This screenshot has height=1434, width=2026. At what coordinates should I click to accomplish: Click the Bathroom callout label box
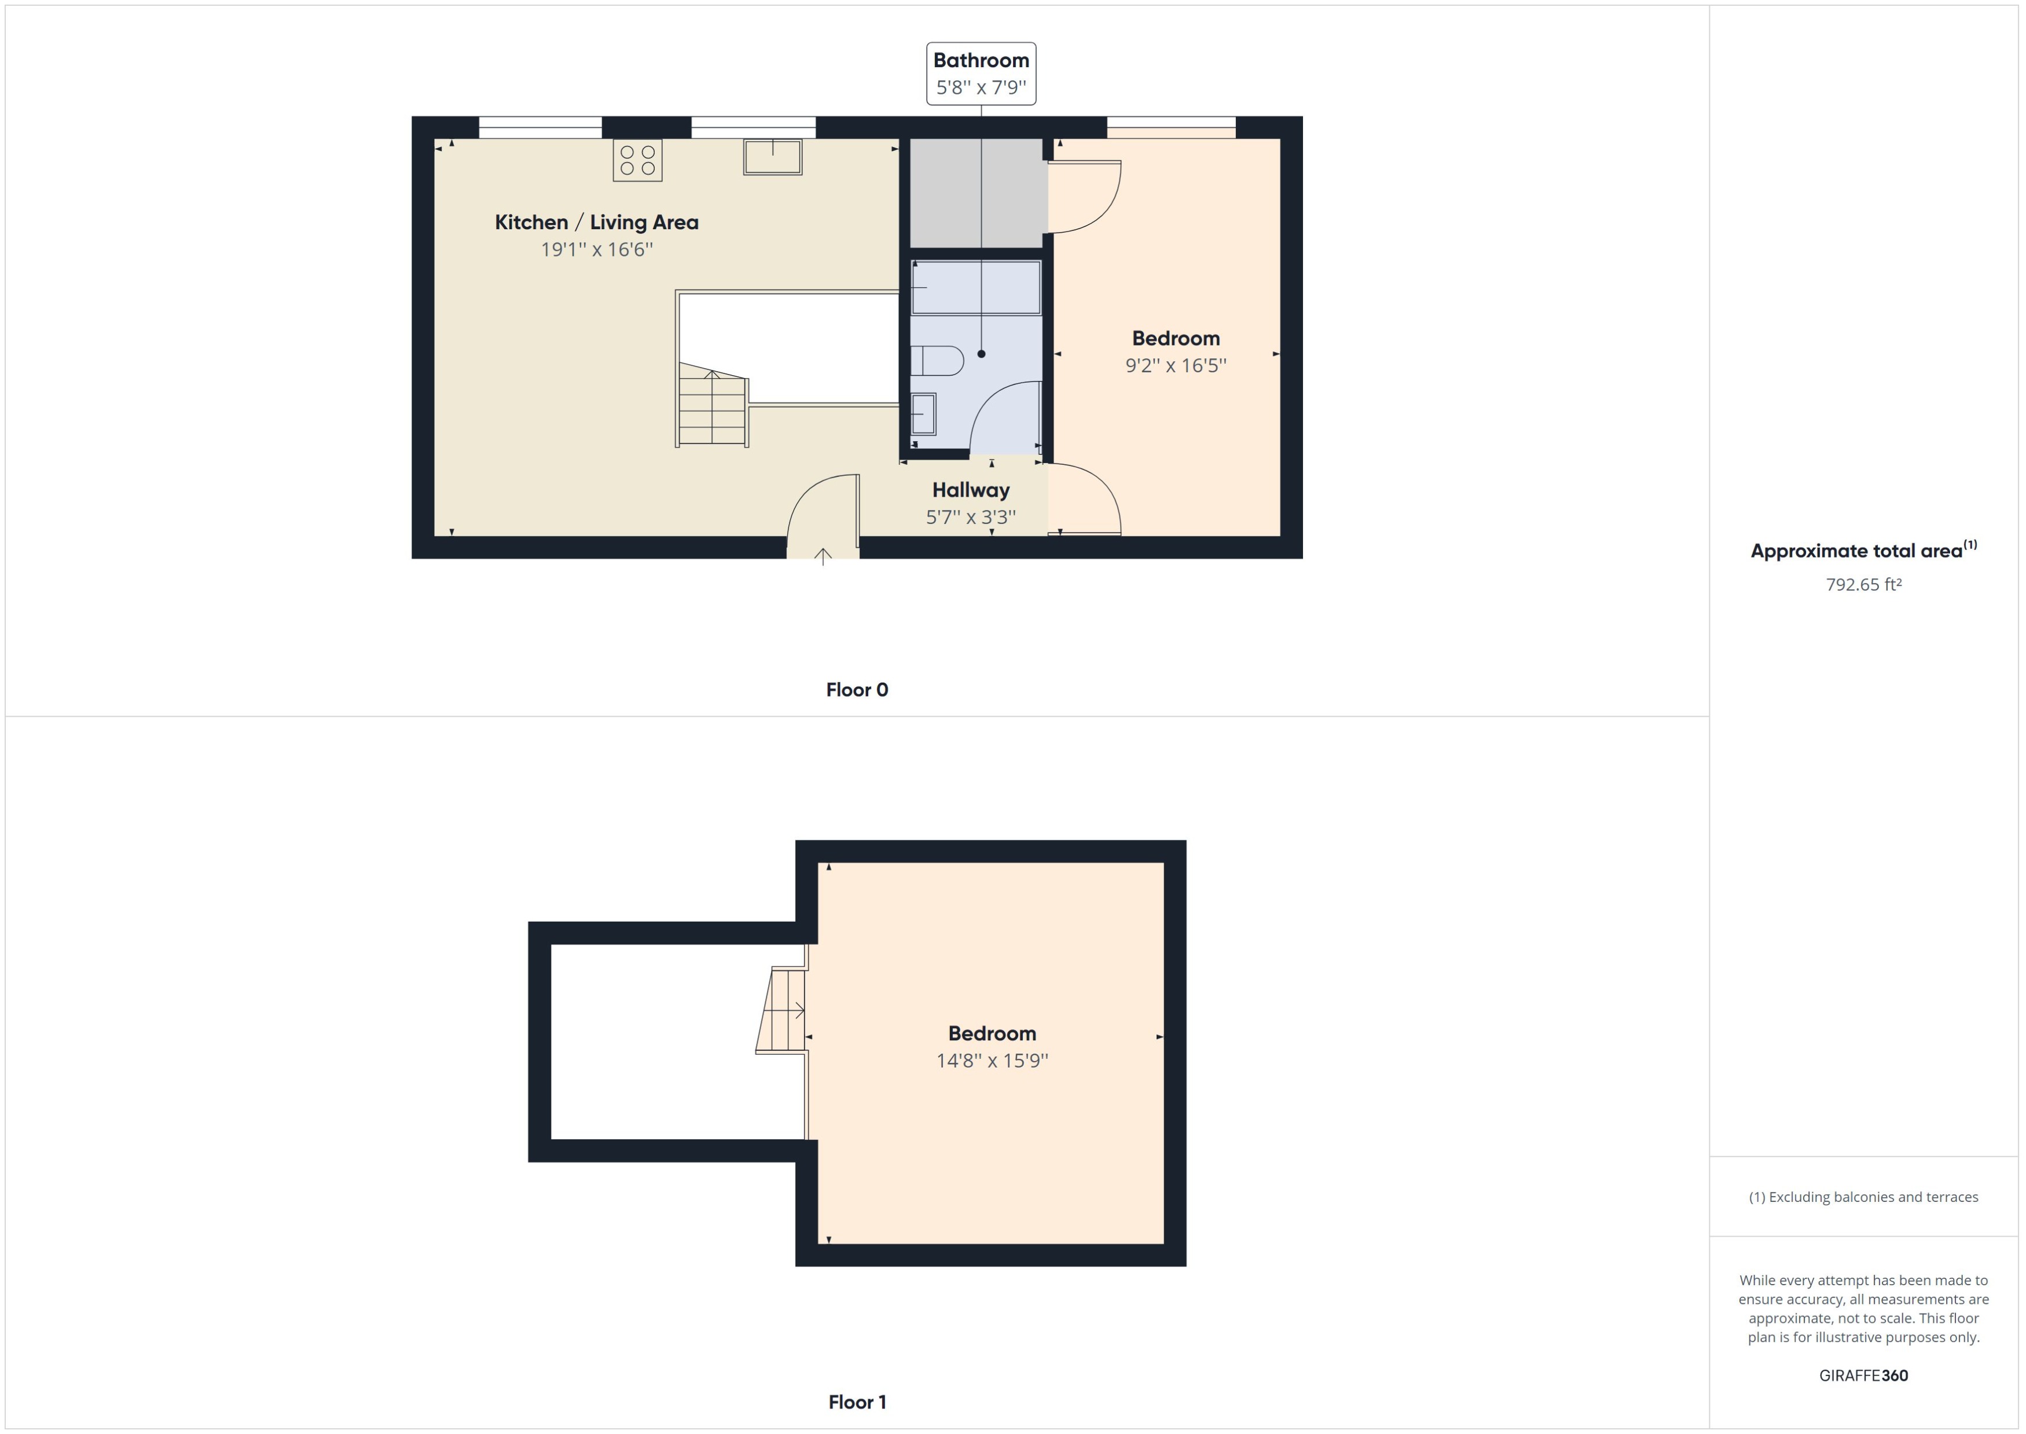(981, 74)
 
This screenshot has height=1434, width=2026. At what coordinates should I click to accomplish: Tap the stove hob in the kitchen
(637, 160)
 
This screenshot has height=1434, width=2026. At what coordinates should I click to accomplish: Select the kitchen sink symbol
(772, 157)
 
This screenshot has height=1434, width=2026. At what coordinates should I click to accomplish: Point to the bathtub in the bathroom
(975, 287)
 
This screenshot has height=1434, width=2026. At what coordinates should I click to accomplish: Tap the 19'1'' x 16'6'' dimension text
(597, 250)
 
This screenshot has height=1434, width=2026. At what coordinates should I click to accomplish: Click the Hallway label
(970, 490)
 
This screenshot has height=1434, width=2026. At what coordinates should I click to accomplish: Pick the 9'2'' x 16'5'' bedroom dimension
(1175, 365)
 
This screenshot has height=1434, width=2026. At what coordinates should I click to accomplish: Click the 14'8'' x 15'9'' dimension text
(992, 1061)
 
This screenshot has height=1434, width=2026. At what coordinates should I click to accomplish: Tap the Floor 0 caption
(856, 690)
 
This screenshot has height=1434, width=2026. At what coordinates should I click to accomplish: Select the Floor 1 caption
(856, 1402)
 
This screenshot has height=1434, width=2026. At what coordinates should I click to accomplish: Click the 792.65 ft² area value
(1863, 585)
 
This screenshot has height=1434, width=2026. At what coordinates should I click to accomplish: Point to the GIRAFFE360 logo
(1863, 1375)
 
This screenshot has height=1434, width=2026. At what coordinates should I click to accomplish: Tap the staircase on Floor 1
(782, 1009)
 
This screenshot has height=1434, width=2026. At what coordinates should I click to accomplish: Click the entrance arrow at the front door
(823, 556)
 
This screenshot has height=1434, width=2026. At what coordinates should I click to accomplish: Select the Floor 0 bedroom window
(1170, 127)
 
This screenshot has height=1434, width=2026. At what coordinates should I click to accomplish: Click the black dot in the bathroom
(981, 354)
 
